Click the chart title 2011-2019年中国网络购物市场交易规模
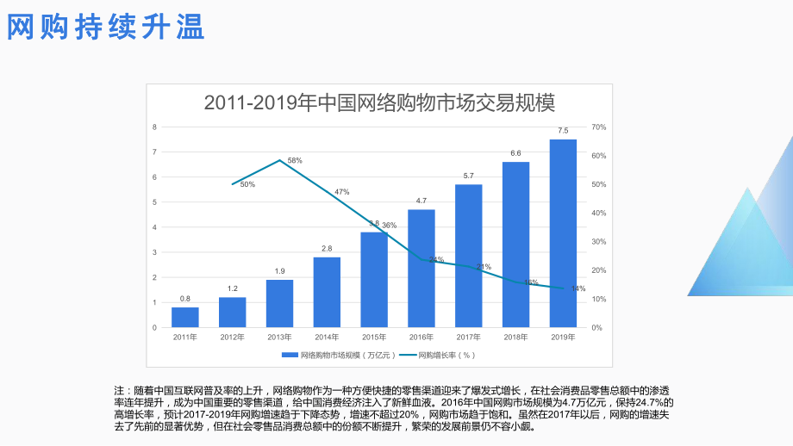pos(379,102)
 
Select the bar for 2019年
pos(563,233)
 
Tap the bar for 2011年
pos(185,317)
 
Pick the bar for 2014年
pos(327,292)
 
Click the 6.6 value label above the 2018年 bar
pos(515,153)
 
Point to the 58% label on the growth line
pos(295,161)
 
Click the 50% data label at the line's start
pos(247,184)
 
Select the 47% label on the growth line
pos(342,192)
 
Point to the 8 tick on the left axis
pos(154,127)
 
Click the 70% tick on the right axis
pos(599,127)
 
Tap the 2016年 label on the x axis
pos(421,337)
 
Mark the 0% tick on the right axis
pos(597,328)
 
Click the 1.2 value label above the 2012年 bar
pos(233,288)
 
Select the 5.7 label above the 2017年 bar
pos(468,176)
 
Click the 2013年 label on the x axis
pos(279,337)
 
